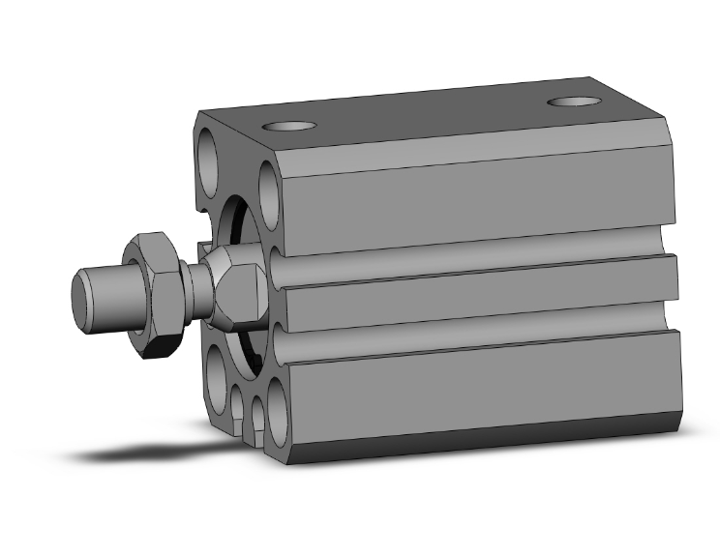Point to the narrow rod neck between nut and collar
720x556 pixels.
[195, 290]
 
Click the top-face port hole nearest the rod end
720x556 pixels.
[291, 126]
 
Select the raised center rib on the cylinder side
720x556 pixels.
[474, 286]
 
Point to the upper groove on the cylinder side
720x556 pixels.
[474, 252]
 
